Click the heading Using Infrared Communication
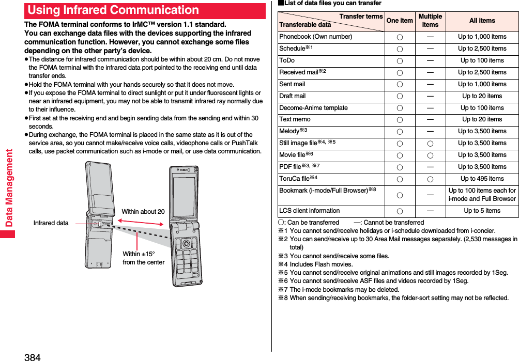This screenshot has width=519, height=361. click(x=114, y=10)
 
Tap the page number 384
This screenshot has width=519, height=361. click(x=32, y=356)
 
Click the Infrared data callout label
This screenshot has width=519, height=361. click(x=51, y=223)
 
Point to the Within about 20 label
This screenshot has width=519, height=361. click(x=143, y=212)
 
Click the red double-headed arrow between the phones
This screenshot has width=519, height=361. click(x=141, y=222)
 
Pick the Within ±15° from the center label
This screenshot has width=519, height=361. click(x=143, y=258)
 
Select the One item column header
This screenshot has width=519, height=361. click(x=400, y=21)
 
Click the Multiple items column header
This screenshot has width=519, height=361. click(x=430, y=21)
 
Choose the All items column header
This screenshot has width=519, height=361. click(x=482, y=21)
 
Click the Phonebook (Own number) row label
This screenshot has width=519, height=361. click(x=316, y=37)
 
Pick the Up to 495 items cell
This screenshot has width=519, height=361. click(x=482, y=179)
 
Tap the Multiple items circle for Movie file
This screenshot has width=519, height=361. click(x=430, y=155)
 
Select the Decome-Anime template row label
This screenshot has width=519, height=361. click(x=313, y=108)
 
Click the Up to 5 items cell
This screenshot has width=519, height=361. click(x=482, y=211)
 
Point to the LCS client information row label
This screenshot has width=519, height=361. click(x=310, y=211)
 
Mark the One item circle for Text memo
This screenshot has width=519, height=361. click(x=400, y=120)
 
